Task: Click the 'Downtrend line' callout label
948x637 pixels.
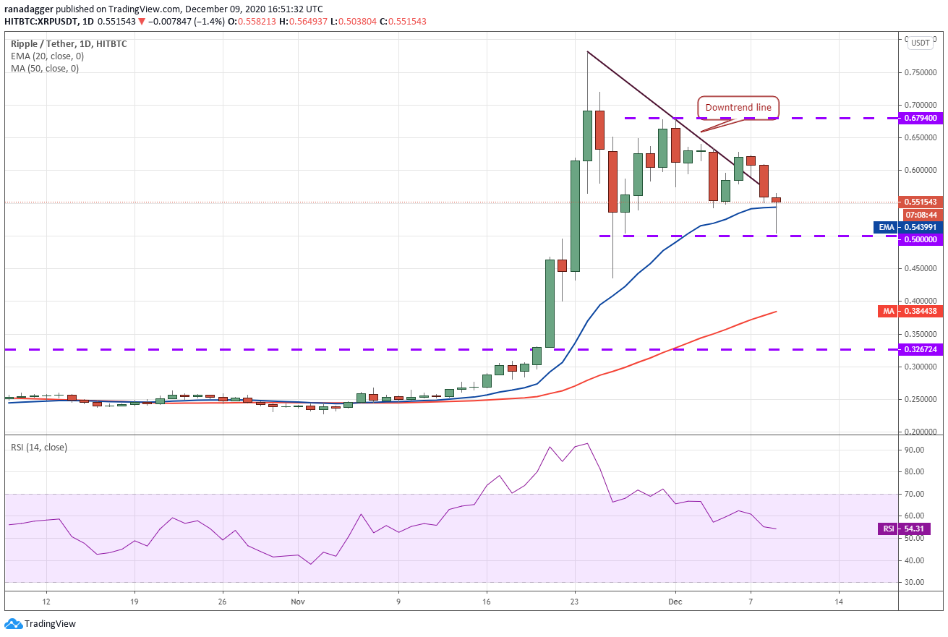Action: click(x=738, y=108)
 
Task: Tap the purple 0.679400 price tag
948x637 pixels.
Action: click(x=921, y=118)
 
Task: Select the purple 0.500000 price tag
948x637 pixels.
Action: click(x=921, y=239)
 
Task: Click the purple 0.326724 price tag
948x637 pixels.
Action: click(x=921, y=350)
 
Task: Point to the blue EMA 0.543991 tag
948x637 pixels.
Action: click(x=908, y=227)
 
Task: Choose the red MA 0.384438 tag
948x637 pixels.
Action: click(x=910, y=312)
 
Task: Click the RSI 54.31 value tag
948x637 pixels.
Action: click(x=905, y=529)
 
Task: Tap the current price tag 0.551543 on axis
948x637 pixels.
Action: click(x=921, y=202)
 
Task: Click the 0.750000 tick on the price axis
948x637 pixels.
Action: click(x=920, y=72)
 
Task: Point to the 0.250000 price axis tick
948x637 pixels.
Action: click(x=920, y=399)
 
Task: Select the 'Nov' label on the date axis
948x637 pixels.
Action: click(x=298, y=602)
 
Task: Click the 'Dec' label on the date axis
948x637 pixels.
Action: click(x=675, y=602)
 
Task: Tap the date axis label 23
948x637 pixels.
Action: click(x=574, y=602)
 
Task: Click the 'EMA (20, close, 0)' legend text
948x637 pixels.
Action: click(x=48, y=56)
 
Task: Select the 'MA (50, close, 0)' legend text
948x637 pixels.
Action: click(x=45, y=69)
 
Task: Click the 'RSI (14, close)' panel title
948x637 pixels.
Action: click(x=39, y=448)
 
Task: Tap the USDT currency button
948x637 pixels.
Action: click(x=920, y=43)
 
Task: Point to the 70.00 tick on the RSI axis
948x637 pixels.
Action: click(x=914, y=494)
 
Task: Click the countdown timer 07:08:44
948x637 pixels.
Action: click(x=921, y=215)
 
